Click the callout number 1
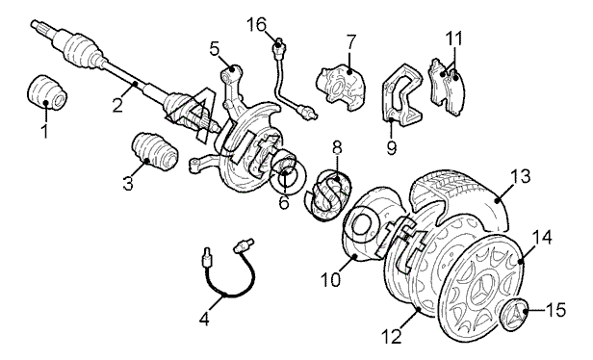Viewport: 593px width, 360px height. pyautogui.click(x=44, y=131)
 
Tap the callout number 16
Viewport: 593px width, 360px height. pyautogui.click(x=257, y=25)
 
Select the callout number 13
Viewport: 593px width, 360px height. pyautogui.click(x=521, y=176)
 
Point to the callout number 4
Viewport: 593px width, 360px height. pyautogui.click(x=204, y=320)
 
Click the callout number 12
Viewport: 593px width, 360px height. pyautogui.click(x=392, y=337)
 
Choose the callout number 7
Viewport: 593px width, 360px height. pyautogui.click(x=350, y=41)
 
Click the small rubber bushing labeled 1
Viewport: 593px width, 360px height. pyautogui.click(x=48, y=92)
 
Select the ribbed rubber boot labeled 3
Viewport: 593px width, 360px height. pyautogui.click(x=155, y=151)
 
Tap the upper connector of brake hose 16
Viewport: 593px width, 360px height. pyautogui.click(x=280, y=46)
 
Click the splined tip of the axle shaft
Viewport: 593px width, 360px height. pyautogui.click(x=38, y=27)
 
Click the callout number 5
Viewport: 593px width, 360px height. pyautogui.click(x=215, y=49)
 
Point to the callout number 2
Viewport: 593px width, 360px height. pyautogui.click(x=117, y=105)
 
